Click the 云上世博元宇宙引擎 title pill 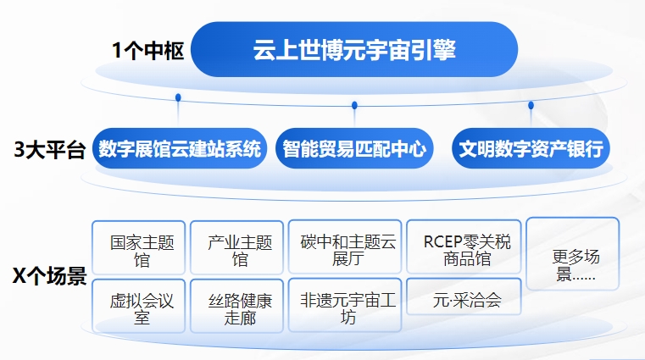click(354, 50)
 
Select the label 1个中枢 click(147, 50)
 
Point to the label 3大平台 click(50, 151)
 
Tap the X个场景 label click(50, 276)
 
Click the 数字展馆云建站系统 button click(180, 150)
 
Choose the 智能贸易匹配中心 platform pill click(354, 150)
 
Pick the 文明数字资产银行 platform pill click(531, 150)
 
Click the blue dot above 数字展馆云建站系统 click(178, 97)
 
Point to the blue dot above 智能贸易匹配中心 click(354, 105)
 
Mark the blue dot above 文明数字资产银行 click(531, 105)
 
